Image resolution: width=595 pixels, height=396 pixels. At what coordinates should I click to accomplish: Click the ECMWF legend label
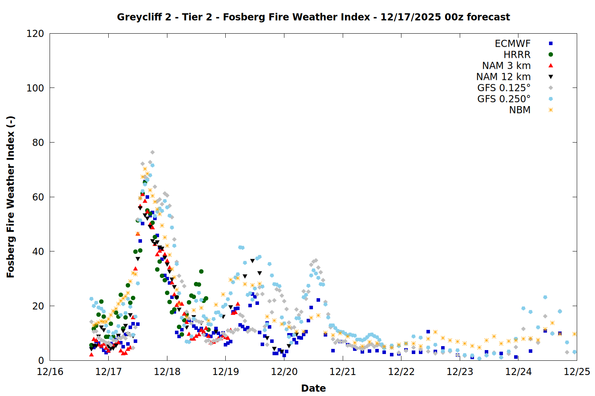tap(512, 44)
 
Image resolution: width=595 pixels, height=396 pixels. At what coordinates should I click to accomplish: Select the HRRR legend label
tap(517, 55)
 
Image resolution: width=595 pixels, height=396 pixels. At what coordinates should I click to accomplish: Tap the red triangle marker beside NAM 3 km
tap(551, 65)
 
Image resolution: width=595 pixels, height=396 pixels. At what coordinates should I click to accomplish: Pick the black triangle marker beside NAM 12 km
tap(551, 76)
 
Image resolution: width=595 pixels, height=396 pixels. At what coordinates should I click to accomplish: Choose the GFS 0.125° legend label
tap(504, 88)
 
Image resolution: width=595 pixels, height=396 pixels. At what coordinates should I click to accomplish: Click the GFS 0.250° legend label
tap(504, 99)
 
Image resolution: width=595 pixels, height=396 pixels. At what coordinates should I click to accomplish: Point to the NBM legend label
tap(520, 110)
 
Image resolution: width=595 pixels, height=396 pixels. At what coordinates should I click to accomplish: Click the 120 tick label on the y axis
tap(35, 34)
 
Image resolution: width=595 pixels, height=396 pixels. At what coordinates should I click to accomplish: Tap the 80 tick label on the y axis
tap(38, 143)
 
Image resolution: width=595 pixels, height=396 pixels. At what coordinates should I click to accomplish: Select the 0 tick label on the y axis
tap(41, 360)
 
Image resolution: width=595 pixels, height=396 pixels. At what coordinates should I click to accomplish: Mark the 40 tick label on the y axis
tap(38, 251)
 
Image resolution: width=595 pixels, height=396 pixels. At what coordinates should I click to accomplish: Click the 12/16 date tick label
tap(50, 372)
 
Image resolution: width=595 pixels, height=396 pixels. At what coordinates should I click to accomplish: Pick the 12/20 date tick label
tap(284, 372)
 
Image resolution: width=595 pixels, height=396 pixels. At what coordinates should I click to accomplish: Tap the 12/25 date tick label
tap(577, 372)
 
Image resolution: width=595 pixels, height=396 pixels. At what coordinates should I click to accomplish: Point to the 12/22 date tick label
tap(401, 372)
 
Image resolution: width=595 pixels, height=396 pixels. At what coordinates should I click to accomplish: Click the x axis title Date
tap(313, 388)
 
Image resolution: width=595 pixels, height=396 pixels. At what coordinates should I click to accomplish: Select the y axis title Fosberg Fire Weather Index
tap(11, 197)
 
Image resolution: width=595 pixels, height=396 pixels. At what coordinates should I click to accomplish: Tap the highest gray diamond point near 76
tap(152, 152)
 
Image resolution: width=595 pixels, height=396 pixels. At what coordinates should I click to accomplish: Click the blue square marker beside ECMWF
tap(551, 44)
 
